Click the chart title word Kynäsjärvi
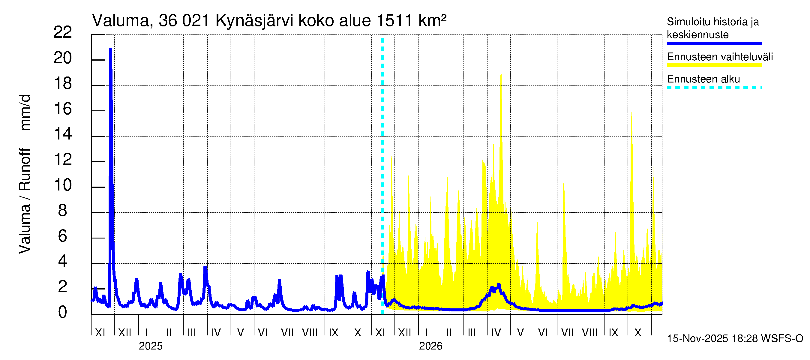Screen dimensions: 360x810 (254, 21)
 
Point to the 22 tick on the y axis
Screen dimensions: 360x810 (63, 32)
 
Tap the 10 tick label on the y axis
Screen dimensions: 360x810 (63, 185)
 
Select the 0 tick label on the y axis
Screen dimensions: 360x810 (63, 312)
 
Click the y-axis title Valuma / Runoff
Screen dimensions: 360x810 (25, 201)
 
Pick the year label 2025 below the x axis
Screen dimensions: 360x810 (151, 346)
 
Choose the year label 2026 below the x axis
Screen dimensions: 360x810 (430, 346)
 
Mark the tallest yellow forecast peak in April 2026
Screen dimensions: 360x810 (501, 64)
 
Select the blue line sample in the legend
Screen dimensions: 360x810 (714, 43)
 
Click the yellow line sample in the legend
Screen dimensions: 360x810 (714, 65)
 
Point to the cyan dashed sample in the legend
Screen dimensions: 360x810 (714, 88)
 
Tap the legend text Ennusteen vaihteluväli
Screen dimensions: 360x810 (720, 57)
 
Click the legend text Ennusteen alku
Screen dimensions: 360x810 (703, 79)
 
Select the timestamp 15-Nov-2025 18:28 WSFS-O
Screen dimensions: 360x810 (735, 339)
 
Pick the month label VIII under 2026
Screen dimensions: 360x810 (589, 333)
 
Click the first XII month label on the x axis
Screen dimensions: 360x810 (124, 333)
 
